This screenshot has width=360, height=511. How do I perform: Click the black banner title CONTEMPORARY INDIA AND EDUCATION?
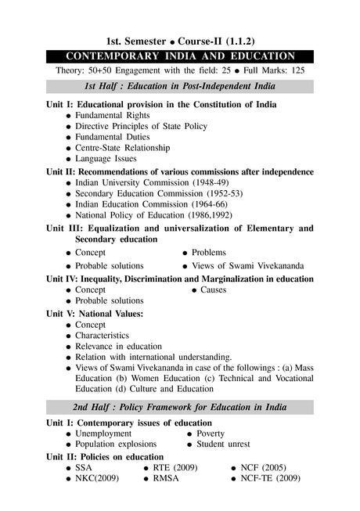(x=180, y=56)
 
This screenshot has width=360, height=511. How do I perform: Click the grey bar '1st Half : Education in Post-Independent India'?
(x=180, y=87)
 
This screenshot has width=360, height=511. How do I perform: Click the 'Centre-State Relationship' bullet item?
(x=125, y=147)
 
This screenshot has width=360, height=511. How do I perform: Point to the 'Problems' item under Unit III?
(x=208, y=253)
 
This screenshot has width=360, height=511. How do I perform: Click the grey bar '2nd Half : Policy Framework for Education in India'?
(x=180, y=408)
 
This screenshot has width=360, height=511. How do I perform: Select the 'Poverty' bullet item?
(x=211, y=434)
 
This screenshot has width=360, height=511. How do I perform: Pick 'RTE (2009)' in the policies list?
(x=175, y=467)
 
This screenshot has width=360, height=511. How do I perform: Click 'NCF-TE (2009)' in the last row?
(x=270, y=478)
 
